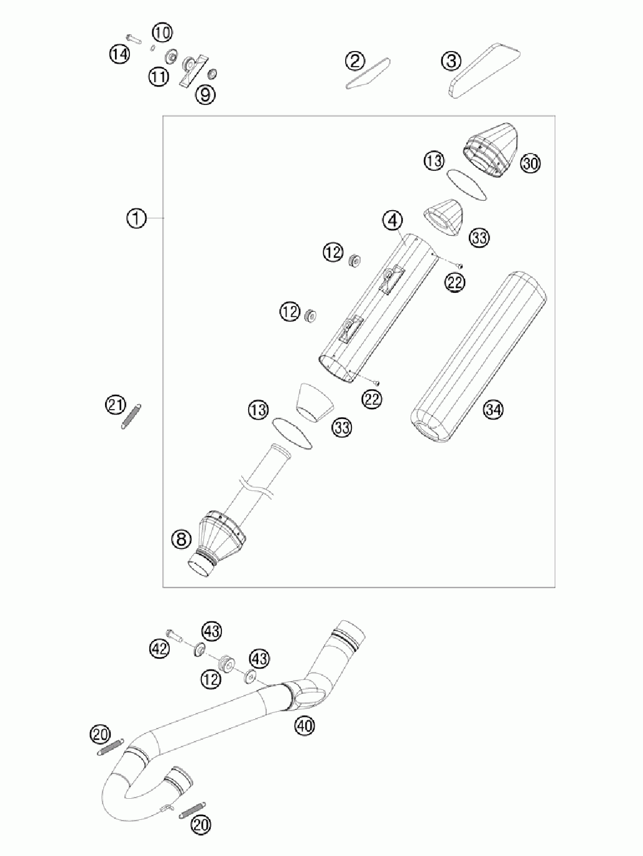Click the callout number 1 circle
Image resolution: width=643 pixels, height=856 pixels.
136,218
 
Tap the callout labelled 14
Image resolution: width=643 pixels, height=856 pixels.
119,55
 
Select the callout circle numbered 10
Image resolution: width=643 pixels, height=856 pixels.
162,33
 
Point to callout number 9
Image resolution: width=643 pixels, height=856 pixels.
205,94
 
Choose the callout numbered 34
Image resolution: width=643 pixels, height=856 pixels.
493,410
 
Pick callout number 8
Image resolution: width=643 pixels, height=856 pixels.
182,540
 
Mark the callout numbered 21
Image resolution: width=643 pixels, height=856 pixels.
116,405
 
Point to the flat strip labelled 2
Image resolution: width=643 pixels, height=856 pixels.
368,74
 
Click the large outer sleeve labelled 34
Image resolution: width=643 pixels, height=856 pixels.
478,357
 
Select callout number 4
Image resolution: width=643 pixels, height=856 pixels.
392,221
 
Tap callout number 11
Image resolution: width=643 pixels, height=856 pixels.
159,76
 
